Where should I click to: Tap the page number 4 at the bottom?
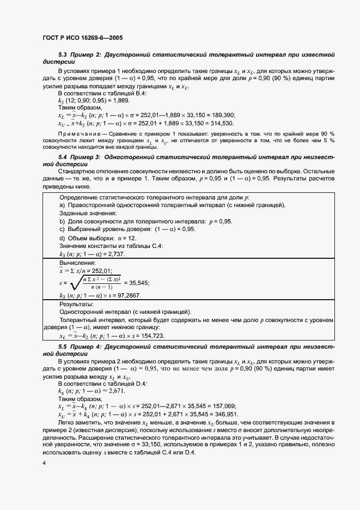click(44, 463)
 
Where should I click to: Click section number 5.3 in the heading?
click(63, 54)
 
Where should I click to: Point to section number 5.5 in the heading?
click(63, 347)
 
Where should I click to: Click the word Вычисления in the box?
click(77, 263)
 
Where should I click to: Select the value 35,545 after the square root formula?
click(137, 283)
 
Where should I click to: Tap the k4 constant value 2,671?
click(116, 391)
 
